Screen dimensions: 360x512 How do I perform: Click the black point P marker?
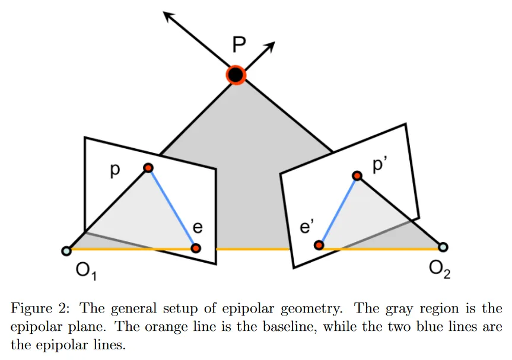point(236,75)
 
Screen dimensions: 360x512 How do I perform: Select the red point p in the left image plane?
point(148,168)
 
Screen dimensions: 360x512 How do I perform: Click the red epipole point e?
point(196,247)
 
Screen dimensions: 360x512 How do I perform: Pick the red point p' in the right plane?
point(357,176)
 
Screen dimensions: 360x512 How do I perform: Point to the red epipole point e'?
point(319,245)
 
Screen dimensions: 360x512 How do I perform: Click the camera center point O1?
point(66,251)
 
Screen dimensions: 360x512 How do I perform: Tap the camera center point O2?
point(443,247)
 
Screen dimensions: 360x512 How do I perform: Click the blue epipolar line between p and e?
point(172,208)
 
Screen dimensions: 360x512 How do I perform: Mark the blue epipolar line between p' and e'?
point(338,210)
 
